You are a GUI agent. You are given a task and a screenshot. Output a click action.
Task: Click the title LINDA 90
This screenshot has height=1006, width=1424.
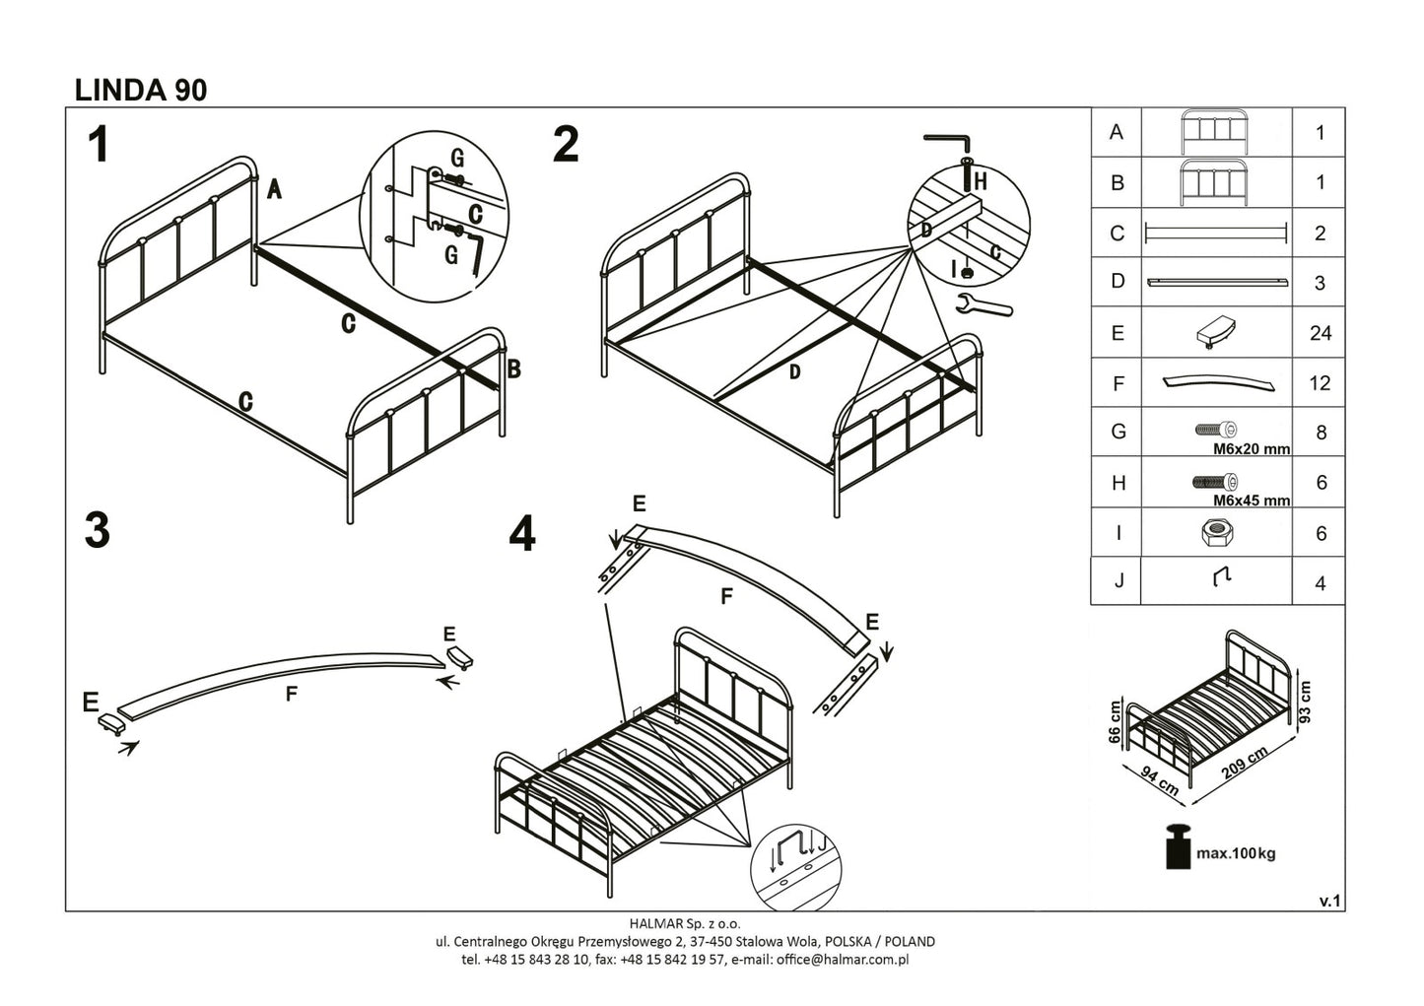(141, 90)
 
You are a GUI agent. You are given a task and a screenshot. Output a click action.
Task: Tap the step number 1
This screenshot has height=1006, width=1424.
(98, 146)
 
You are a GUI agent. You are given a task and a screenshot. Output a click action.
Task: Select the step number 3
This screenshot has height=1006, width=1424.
(97, 531)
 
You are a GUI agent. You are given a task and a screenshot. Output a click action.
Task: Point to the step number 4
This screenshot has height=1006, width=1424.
(522, 535)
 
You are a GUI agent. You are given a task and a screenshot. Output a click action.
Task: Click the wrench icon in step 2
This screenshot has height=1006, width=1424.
(983, 305)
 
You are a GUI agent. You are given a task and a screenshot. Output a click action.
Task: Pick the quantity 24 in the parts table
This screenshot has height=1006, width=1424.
(1321, 333)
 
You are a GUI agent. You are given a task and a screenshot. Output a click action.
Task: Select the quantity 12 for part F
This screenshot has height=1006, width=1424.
(1320, 383)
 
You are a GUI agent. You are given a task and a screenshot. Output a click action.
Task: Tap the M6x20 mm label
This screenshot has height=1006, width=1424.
(1251, 449)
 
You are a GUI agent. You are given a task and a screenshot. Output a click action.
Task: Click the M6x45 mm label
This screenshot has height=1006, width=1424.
(1251, 501)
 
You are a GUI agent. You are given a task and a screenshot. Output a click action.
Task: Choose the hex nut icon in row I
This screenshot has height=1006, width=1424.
(1216, 533)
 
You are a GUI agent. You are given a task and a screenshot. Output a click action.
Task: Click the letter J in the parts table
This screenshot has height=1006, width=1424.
(1118, 581)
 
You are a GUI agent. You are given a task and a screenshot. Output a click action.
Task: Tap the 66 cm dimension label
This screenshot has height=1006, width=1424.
(1115, 722)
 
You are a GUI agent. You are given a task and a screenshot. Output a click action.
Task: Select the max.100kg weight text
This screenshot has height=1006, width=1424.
(1235, 853)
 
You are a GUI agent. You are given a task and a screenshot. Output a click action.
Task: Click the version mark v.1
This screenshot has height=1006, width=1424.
(1330, 901)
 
